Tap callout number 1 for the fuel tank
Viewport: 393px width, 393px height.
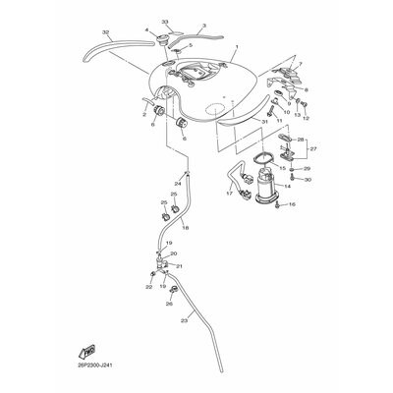pyautogui.click(x=237, y=47)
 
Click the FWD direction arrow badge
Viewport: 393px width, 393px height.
pyautogui.click(x=87, y=349)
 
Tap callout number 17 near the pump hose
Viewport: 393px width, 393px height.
pyautogui.click(x=229, y=194)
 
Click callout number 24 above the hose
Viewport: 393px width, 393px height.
pyautogui.click(x=179, y=183)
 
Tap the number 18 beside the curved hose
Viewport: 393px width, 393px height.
pyautogui.click(x=185, y=227)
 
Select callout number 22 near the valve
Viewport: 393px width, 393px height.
pyautogui.click(x=148, y=287)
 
